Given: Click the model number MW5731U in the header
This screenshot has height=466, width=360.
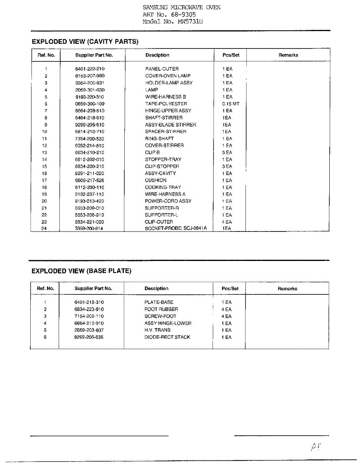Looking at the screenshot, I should pos(190,22).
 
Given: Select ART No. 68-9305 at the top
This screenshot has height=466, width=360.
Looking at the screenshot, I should pos(169,15).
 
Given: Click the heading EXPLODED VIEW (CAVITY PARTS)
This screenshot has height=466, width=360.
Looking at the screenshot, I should pos(85,42).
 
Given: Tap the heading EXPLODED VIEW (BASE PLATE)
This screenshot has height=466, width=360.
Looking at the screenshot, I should pos(82,271).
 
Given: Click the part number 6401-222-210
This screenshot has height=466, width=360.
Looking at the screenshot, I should pos(90,69).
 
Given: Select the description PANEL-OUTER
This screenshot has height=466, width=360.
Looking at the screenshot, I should pos(162,69).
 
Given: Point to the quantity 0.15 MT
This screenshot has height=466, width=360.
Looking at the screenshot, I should pos(231,104).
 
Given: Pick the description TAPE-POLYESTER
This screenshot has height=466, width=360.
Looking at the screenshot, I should pos(166,104).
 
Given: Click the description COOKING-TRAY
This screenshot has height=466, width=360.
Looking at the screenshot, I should pos(163,187).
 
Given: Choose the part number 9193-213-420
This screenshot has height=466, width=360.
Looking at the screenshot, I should pos(90,201).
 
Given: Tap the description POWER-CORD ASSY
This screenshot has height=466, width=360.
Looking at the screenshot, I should pos(168,201).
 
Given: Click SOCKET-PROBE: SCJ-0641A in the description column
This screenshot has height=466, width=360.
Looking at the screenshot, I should pos(176,228).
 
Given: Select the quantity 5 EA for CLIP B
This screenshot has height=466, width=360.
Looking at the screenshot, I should pos(227,153).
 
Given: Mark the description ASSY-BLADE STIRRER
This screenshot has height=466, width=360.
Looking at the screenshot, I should pos(170,125).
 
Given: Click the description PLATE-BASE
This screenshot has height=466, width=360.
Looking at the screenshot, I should pos(159,302).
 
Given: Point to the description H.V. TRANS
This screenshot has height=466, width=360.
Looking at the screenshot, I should pos(157,330).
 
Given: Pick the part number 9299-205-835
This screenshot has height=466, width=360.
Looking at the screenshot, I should pos(89,337).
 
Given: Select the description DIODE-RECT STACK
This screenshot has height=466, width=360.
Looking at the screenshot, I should pos(167,337).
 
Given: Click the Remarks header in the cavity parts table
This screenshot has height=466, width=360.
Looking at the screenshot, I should pos(288,55).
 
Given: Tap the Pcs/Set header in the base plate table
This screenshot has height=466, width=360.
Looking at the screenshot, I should pos(230,289).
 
